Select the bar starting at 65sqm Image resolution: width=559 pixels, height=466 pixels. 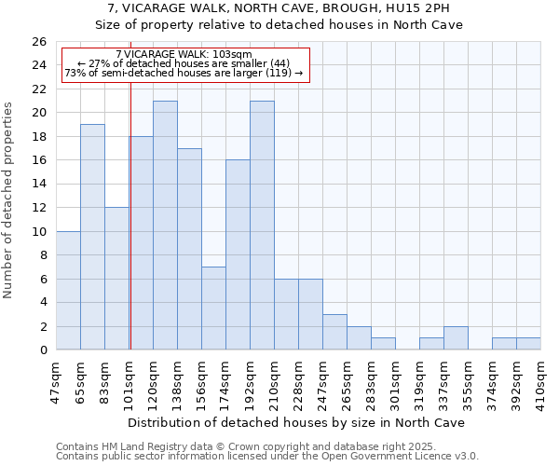pyautogui.click(x=92, y=237)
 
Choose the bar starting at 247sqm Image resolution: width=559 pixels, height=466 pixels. pyautogui.click(x=334, y=332)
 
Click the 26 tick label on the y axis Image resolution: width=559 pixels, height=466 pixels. pyautogui.click(x=38, y=42)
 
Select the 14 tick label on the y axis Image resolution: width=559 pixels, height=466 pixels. pyautogui.click(x=38, y=185)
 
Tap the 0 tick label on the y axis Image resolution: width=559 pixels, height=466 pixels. pyautogui.click(x=42, y=350)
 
